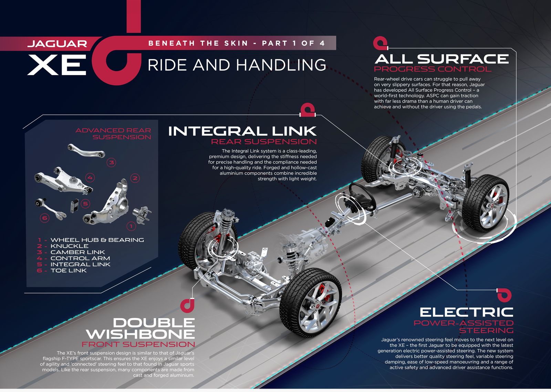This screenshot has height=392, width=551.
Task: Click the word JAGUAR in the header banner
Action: (57, 44)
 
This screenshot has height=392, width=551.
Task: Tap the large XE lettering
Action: (57, 65)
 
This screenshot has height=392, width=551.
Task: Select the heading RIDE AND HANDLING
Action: (237, 65)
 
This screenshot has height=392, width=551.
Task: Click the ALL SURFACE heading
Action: (441, 59)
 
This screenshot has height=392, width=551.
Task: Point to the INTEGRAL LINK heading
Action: (242, 131)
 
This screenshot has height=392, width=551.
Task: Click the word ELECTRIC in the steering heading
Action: (466, 312)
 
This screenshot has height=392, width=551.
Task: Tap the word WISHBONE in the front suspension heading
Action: (140, 334)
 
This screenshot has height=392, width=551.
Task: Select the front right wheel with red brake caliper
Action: (311, 302)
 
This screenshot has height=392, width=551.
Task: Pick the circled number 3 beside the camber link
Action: (112, 162)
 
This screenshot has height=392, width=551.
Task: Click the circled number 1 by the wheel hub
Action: (131, 226)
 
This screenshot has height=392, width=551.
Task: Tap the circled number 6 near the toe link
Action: (44, 218)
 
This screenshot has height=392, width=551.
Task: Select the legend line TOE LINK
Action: (62, 270)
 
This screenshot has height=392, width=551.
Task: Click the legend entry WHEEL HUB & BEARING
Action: (91, 240)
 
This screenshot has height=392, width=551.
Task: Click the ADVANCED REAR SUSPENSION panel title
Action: (113, 134)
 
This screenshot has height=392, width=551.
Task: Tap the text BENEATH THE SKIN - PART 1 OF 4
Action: (236, 43)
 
